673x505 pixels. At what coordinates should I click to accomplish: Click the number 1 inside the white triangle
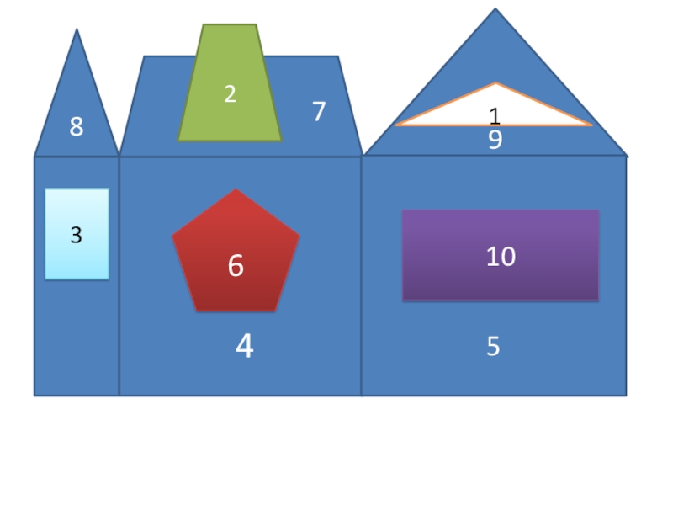(495, 116)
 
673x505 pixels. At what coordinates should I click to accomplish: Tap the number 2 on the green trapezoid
(230, 94)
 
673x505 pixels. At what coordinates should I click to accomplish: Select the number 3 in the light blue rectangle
(77, 236)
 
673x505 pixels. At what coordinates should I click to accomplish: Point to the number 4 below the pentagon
(244, 346)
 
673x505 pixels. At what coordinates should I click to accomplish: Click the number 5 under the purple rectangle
(493, 346)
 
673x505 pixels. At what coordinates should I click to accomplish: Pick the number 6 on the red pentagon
(236, 266)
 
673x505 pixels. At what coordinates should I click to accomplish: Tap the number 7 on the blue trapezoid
(319, 111)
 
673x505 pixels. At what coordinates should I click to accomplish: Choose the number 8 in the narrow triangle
(77, 127)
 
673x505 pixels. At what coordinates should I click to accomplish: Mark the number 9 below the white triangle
(495, 140)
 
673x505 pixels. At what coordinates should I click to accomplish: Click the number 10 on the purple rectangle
(501, 257)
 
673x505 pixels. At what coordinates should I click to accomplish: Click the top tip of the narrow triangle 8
(77, 30)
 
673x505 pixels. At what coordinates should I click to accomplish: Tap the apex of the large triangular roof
(495, 10)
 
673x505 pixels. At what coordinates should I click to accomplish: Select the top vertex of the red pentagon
(236, 190)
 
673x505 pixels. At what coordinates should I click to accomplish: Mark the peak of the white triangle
(495, 84)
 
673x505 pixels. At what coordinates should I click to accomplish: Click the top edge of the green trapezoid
(230, 25)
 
